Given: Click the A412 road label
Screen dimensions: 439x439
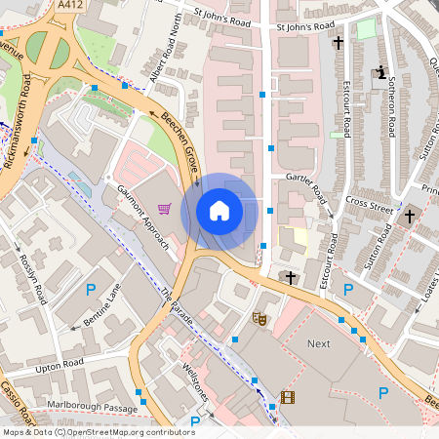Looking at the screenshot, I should point(69,5).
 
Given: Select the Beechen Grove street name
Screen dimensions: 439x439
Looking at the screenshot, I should point(182,141).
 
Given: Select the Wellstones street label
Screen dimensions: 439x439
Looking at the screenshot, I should point(201,380).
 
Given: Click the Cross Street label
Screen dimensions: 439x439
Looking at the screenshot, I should point(367,205).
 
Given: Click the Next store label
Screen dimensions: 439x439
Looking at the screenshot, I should point(318,344).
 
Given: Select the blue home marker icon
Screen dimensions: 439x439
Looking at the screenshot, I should point(219,210).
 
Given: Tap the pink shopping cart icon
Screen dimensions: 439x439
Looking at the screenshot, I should point(164,209).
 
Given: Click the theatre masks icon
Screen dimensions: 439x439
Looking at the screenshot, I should point(259,318).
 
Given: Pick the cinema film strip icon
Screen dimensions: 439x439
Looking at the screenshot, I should point(287,396).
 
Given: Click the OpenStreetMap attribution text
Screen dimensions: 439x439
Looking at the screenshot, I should point(99,431).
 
